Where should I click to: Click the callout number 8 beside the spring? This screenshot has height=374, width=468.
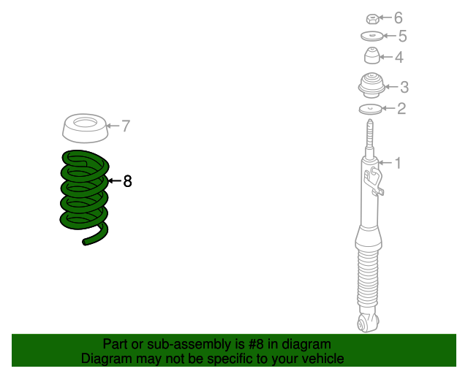click(x=127, y=181)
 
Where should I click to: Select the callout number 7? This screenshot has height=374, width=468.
click(x=126, y=126)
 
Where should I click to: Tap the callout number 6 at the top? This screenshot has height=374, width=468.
click(x=398, y=18)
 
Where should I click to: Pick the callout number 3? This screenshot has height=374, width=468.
click(x=404, y=87)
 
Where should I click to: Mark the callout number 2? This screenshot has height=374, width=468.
click(x=401, y=109)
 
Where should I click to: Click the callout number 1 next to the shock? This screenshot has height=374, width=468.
click(x=398, y=163)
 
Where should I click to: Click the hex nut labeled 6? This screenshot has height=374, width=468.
click(x=372, y=19)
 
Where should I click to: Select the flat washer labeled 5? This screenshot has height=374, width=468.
click(x=371, y=37)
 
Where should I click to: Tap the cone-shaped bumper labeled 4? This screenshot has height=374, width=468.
click(x=372, y=56)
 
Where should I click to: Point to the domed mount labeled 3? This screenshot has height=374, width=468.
click(x=371, y=85)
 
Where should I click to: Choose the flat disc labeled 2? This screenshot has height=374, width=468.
click(x=371, y=109)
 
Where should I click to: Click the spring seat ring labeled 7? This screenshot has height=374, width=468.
click(x=85, y=128)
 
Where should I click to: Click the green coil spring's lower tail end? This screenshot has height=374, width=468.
click(x=85, y=243)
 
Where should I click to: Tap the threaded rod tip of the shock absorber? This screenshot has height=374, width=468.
click(x=370, y=121)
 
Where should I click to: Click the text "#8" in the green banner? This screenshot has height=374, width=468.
click(x=255, y=344)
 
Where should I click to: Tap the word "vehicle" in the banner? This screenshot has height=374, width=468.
click(x=325, y=359)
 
